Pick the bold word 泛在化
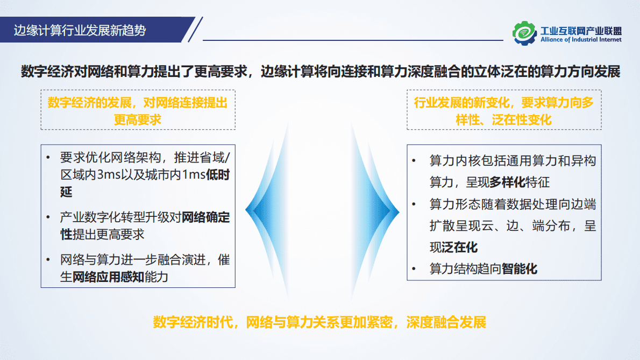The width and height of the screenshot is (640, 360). (460, 248)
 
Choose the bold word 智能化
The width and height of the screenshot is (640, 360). (520, 269)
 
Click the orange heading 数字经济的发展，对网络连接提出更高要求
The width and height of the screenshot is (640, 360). (138, 110)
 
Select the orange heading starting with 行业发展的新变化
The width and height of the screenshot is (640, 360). (504, 110)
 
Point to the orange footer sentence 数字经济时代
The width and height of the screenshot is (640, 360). (319, 322)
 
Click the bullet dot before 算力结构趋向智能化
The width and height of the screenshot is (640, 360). (414, 269)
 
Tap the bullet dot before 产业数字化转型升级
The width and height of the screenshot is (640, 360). (48, 218)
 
